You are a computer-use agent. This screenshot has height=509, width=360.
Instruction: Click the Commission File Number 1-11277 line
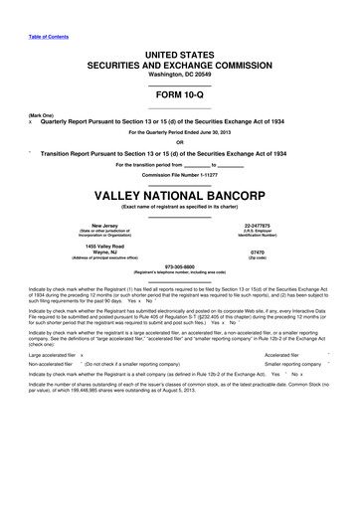coord(180,175)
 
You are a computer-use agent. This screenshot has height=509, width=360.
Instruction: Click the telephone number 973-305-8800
coord(180,265)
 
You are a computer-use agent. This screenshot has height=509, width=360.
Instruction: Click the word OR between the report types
coord(180,139)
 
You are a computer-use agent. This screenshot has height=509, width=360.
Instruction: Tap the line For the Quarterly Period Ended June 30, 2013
coord(180,130)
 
